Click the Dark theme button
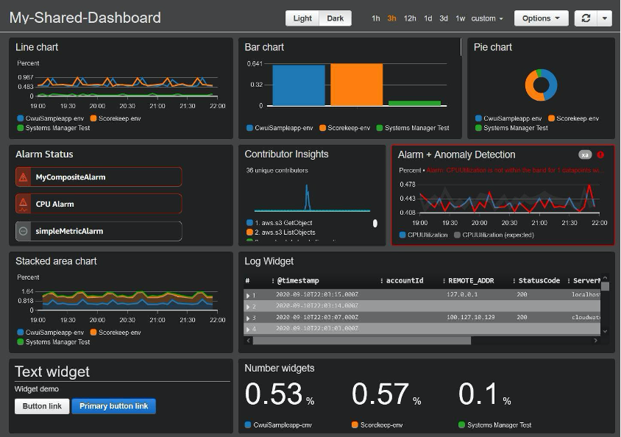[335, 18]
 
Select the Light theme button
[302, 18]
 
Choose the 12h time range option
[410, 18]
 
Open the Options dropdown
[541, 18]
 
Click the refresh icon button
[585, 18]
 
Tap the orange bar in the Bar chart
[356, 85]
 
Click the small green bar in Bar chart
[414, 103]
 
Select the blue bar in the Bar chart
[298, 85]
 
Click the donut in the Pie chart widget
[541, 85]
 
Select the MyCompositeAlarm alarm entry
[99, 177]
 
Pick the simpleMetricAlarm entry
[99, 231]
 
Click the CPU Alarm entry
[99, 204]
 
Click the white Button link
[42, 406]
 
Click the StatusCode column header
[539, 280]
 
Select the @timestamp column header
[298, 280]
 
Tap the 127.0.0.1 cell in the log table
[462, 294]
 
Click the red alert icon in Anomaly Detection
[600, 154]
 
